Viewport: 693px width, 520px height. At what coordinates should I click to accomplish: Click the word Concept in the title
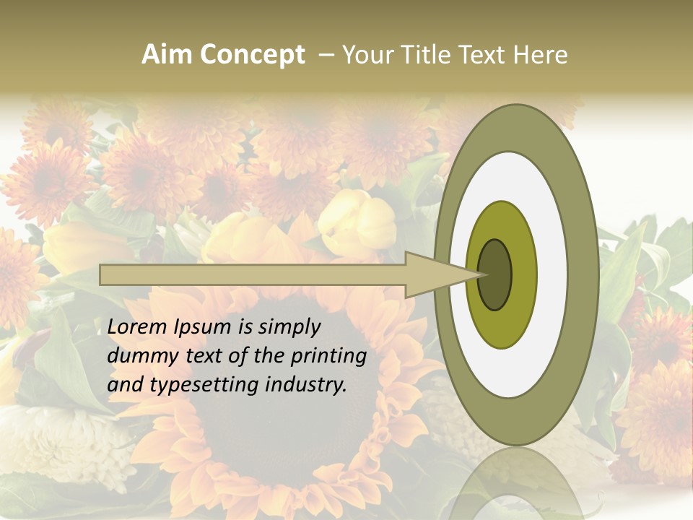[x=252, y=55]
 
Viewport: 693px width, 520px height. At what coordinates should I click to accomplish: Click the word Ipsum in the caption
[x=204, y=327]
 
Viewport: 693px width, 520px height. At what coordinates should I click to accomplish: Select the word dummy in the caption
[x=141, y=356]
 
